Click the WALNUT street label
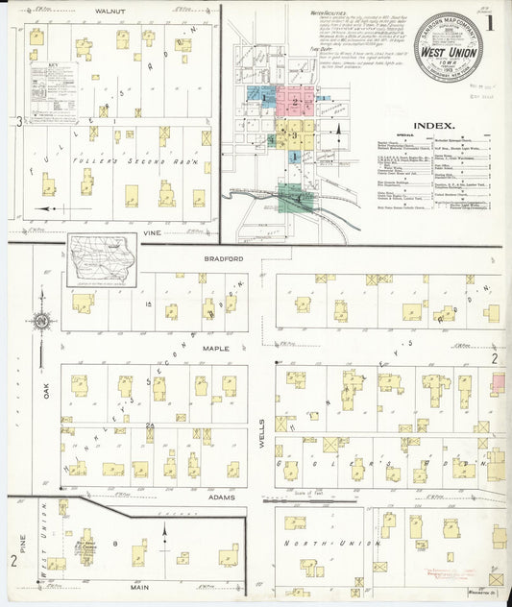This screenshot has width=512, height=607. click(x=109, y=11)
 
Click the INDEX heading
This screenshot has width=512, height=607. click(x=432, y=125)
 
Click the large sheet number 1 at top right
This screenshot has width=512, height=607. click(x=492, y=21)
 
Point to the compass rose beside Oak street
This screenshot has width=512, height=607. click(x=42, y=323)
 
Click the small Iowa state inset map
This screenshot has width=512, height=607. click(x=102, y=260)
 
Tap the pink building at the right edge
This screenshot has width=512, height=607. click(x=498, y=384)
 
